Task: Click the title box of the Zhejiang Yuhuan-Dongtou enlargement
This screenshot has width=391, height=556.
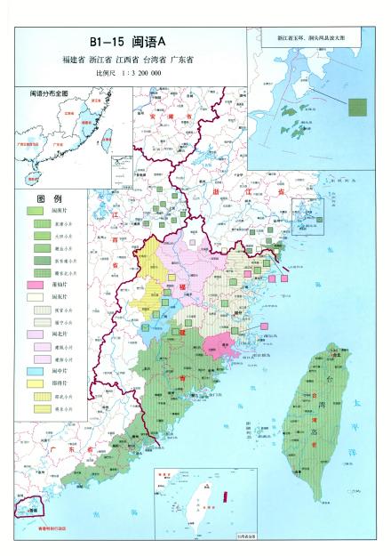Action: click(x=318, y=40)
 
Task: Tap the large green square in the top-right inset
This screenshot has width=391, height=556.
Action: click(x=356, y=106)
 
